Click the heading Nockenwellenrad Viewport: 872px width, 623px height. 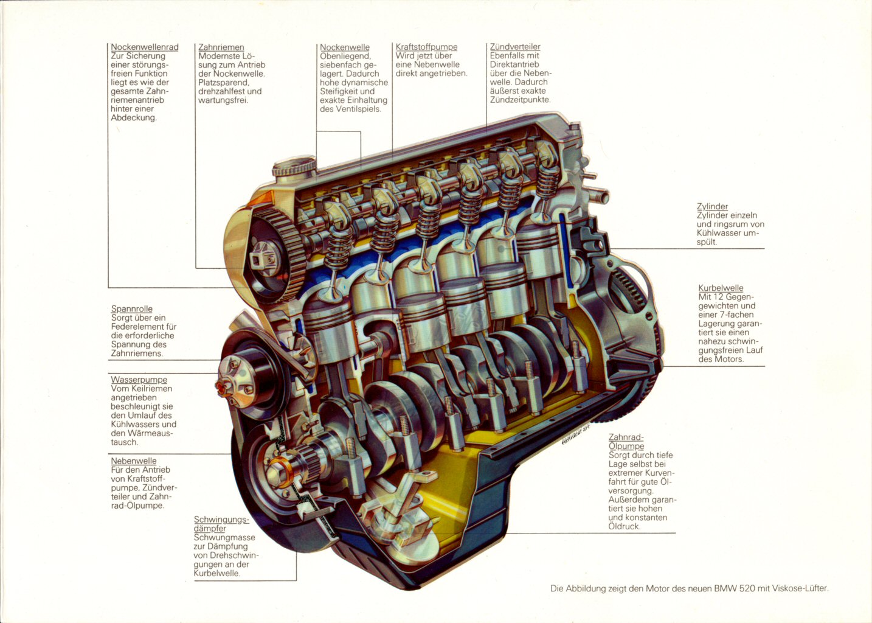[x=145, y=47]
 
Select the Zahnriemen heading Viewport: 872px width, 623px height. [x=221, y=47]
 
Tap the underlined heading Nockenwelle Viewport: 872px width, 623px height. [x=345, y=47]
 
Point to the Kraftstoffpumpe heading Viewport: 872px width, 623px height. [x=426, y=47]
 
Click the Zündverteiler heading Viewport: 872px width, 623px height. [x=514, y=47]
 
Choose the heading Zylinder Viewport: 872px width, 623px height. [x=712, y=207]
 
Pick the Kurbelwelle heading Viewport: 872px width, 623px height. [x=721, y=288]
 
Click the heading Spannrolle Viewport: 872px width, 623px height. [x=131, y=309]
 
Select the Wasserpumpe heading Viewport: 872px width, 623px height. [x=139, y=380]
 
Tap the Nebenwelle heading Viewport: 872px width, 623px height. [x=134, y=461]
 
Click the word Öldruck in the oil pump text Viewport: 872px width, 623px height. [x=625, y=526]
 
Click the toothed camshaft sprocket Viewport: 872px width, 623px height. [x=274, y=255]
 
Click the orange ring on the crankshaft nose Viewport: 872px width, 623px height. [x=280, y=470]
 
